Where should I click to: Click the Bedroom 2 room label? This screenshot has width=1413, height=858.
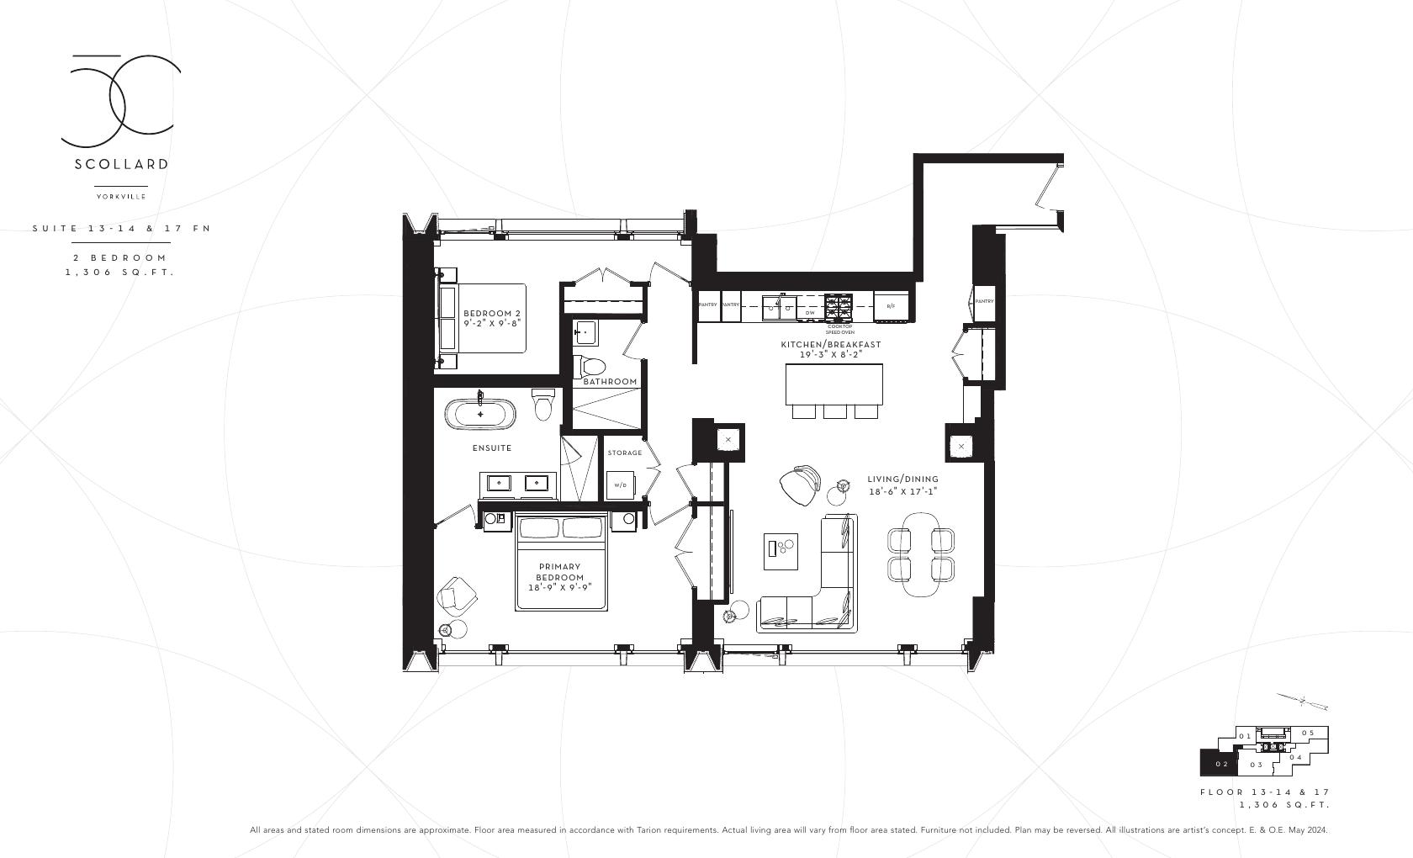(x=492, y=318)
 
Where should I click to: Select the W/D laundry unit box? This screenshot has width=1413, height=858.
(x=620, y=485)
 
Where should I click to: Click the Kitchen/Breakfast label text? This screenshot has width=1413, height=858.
(x=830, y=345)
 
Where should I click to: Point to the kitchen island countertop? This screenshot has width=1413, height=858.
(x=834, y=384)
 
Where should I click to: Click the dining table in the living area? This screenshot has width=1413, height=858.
(x=922, y=554)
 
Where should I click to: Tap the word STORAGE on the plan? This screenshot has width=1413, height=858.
(x=625, y=453)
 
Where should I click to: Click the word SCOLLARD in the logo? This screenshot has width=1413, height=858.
(x=121, y=164)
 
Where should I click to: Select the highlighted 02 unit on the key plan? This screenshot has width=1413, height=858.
(x=1220, y=764)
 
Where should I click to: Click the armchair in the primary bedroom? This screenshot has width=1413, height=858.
(x=457, y=596)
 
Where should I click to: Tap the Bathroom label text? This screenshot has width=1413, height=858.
(x=610, y=382)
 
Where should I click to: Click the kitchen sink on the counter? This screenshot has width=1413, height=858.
(x=778, y=307)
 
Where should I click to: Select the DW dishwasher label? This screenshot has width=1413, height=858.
(x=810, y=313)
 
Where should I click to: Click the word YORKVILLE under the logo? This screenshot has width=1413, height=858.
(x=121, y=197)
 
